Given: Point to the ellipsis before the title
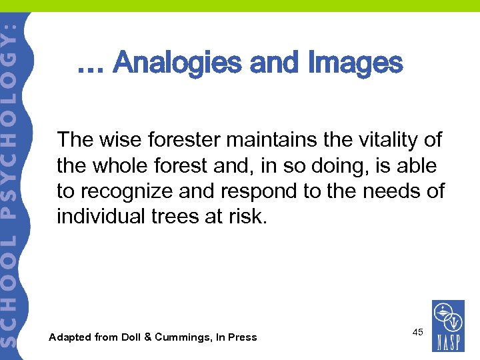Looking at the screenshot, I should coord(91,67).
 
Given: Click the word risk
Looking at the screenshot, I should coord(250,217).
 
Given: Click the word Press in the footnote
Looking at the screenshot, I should coord(242,337).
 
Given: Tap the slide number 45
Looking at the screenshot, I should coord(418,332).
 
